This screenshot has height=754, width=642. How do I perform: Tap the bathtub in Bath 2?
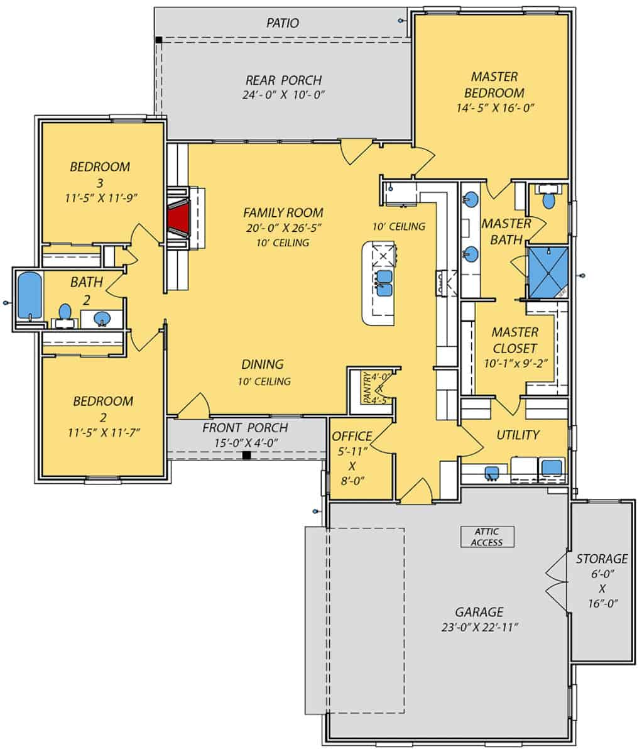tap(28, 296)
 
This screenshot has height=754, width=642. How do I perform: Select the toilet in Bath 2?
tap(64, 312)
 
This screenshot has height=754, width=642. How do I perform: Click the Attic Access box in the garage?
tap(487, 537)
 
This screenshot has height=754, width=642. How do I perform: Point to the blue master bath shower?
tap(547, 271)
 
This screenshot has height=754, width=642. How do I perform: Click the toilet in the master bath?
tap(548, 200)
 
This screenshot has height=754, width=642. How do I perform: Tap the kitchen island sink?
tap(384, 283)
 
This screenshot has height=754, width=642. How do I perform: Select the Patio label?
tap(282, 23)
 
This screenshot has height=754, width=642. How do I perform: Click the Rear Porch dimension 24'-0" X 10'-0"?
tap(283, 95)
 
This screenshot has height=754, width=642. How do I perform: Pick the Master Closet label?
tap(514, 340)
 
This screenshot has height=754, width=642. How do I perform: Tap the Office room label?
tap(352, 436)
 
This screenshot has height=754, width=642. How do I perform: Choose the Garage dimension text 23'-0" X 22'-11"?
tap(479, 626)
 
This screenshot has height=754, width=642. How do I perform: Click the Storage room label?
tap(601, 558)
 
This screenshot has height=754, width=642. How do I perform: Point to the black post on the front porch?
tap(247, 455)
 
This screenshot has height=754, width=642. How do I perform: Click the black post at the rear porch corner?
tap(159, 40)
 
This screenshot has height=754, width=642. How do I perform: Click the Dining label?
tap(263, 364)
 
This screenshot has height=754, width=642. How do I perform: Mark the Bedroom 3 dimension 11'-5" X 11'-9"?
tap(101, 198)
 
